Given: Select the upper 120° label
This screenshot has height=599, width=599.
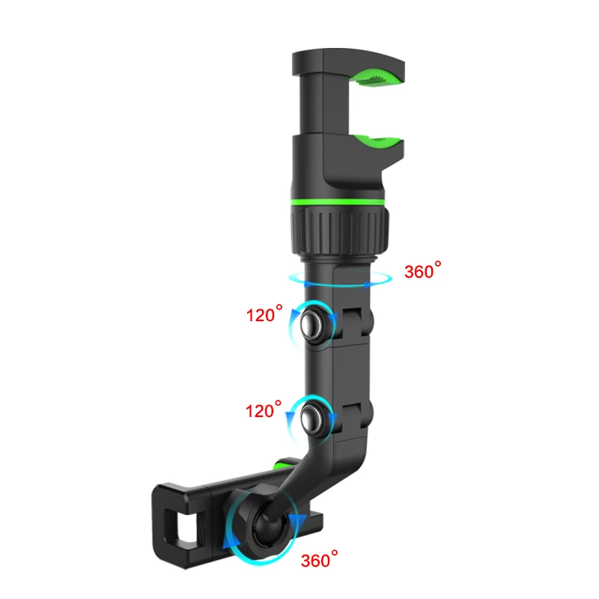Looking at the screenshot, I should click(x=264, y=315).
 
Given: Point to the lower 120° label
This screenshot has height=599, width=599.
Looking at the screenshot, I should click(x=264, y=410).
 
